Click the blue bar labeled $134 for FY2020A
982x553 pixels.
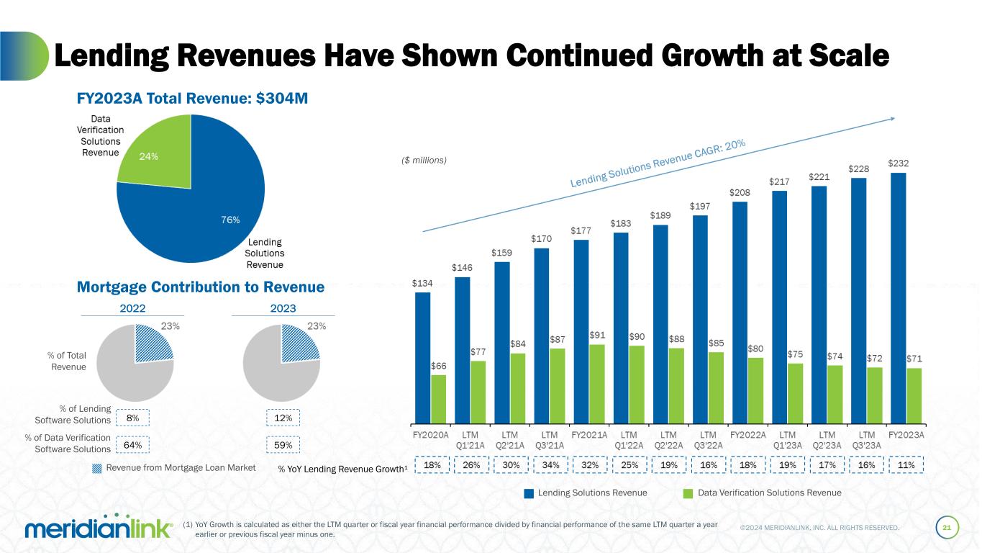pyautogui.click(x=423, y=356)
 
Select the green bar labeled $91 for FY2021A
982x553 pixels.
pyautogui.click(x=596, y=383)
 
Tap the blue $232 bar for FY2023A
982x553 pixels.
pyautogui.click(x=898, y=297)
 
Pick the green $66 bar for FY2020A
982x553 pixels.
pyautogui.click(x=438, y=398)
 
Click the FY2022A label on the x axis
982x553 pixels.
pyautogui.click(x=748, y=435)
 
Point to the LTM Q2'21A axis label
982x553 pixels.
pyautogui.click(x=510, y=439)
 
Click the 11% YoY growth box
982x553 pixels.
pyautogui.click(x=906, y=466)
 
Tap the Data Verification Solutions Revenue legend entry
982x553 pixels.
pyautogui.click(x=762, y=493)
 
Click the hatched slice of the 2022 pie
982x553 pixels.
pyautogui.click(x=153, y=345)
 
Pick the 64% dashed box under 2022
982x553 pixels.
pyautogui.click(x=132, y=445)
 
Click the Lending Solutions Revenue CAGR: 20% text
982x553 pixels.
pyautogui.click(x=658, y=165)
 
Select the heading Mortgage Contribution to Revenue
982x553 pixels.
pyautogui.click(x=201, y=287)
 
